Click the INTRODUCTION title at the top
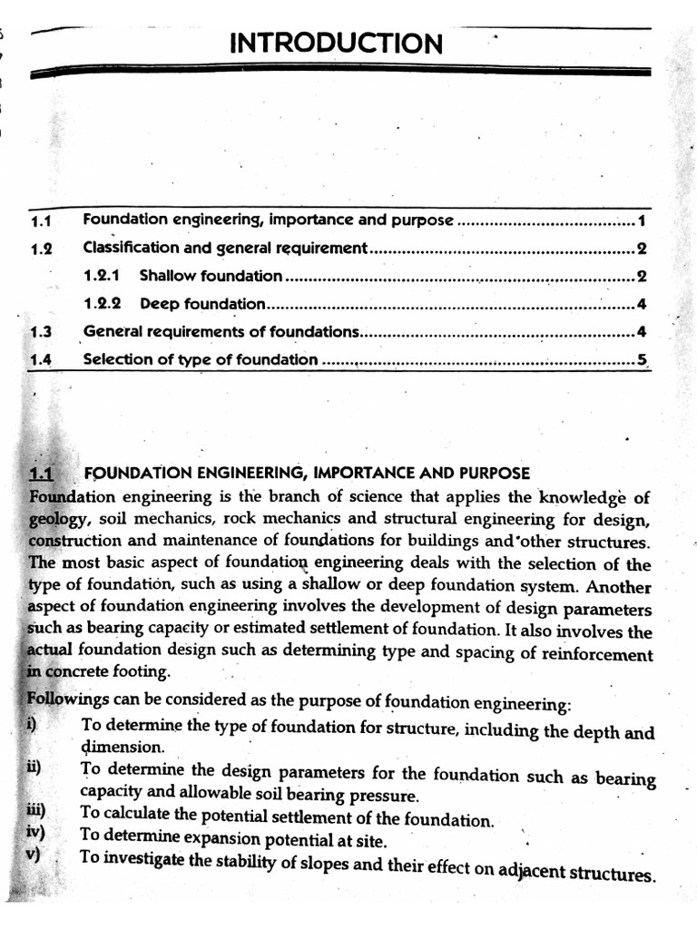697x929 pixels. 337,43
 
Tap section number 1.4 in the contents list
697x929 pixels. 41,359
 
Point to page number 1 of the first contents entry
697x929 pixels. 641,220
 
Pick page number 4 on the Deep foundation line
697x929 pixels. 641,304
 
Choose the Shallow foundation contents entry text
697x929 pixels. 211,276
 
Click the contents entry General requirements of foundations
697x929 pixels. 221,332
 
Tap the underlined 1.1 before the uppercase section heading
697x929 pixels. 42,474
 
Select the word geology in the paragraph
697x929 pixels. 56,520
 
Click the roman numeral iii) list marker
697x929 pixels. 38,812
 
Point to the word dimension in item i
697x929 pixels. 122,748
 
